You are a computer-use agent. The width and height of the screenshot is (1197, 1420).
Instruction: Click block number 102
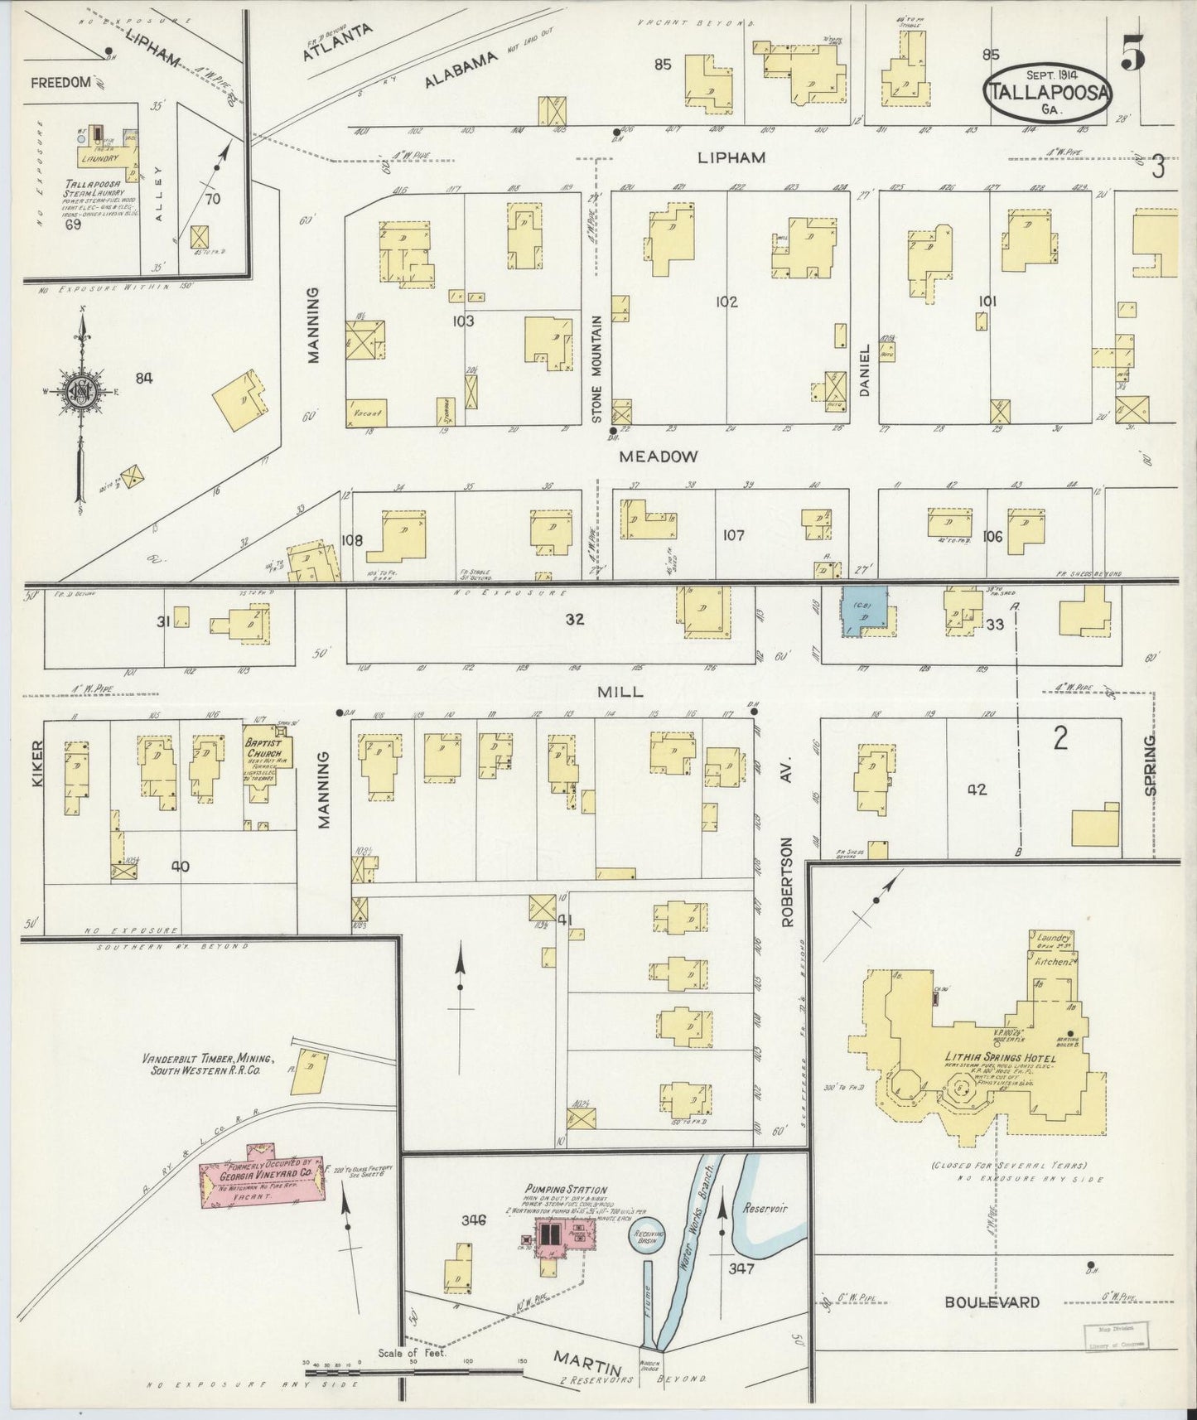click(x=726, y=302)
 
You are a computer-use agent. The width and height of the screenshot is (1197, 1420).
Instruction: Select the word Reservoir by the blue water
click(x=765, y=1209)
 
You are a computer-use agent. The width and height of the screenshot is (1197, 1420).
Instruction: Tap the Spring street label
click(x=1151, y=766)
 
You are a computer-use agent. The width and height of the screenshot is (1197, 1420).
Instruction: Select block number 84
click(x=144, y=379)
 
